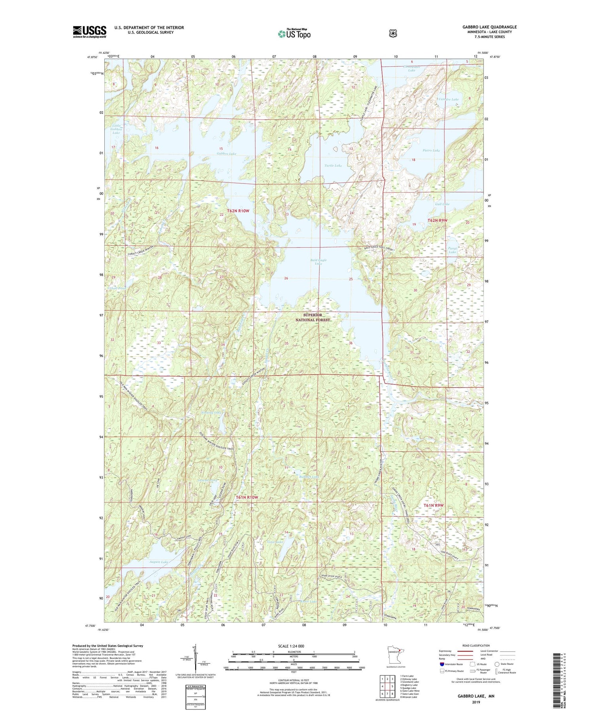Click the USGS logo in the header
coord(89,32)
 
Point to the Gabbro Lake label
coord(226,153)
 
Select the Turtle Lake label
coord(333,166)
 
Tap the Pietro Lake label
coord(431,151)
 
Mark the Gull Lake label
coord(442,204)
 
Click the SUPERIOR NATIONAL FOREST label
coord(312,317)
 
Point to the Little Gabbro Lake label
coord(116,129)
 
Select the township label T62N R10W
coord(238,211)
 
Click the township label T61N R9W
coord(434,505)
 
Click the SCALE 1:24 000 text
coord(293,646)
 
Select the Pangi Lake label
coord(452,250)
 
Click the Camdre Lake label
coord(449,99)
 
